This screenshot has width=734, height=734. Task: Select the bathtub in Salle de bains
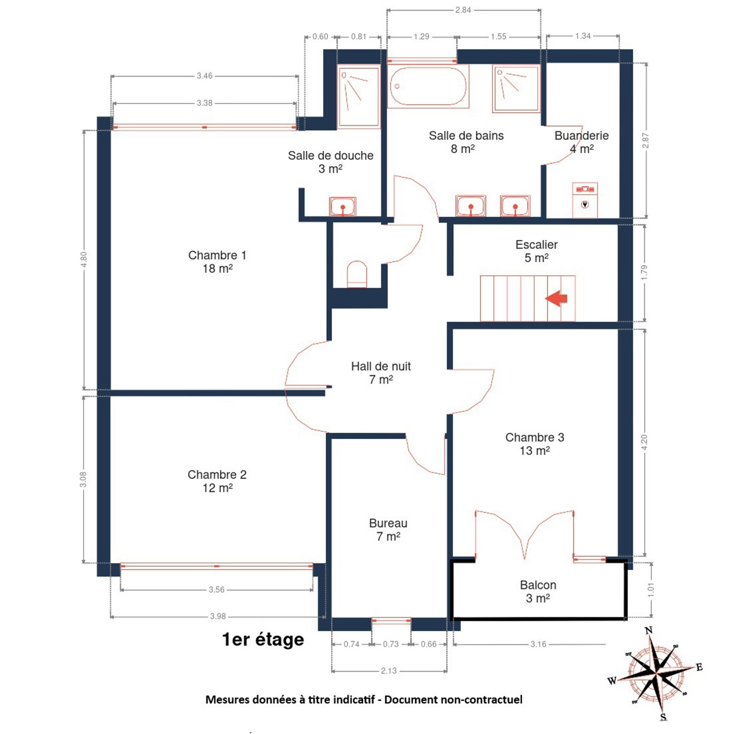point(428,86)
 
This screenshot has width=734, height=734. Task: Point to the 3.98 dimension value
point(218,616)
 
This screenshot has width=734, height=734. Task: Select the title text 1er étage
point(263,639)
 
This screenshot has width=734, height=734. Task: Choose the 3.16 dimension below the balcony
point(538,644)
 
